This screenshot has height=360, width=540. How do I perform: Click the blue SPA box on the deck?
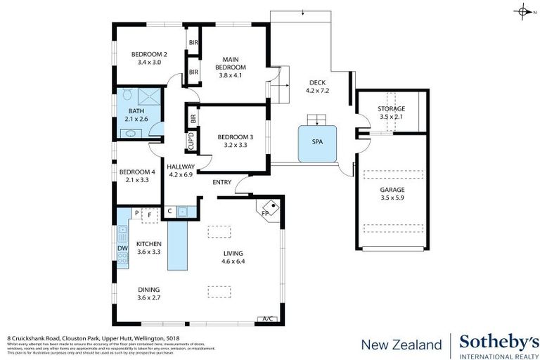pyautogui.click(x=318, y=141)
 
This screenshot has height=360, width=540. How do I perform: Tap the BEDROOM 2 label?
pyautogui.click(x=149, y=54)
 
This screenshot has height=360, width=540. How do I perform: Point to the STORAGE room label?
pyautogui.click(x=391, y=109)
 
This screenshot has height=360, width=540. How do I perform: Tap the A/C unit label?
pyautogui.click(x=267, y=318)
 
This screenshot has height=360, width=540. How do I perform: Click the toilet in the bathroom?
pyautogui.click(x=127, y=94)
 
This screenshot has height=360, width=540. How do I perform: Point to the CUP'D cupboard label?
pyautogui.click(x=191, y=142)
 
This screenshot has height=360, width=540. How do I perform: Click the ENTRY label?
pyautogui.click(x=222, y=183)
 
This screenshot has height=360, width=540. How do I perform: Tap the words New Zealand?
pyautogui.click(x=401, y=345)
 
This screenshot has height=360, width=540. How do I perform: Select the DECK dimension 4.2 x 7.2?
pyautogui.click(x=318, y=91)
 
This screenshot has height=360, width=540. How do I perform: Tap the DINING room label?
pyautogui.click(x=148, y=290)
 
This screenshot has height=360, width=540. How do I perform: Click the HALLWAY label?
pyautogui.click(x=181, y=167)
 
